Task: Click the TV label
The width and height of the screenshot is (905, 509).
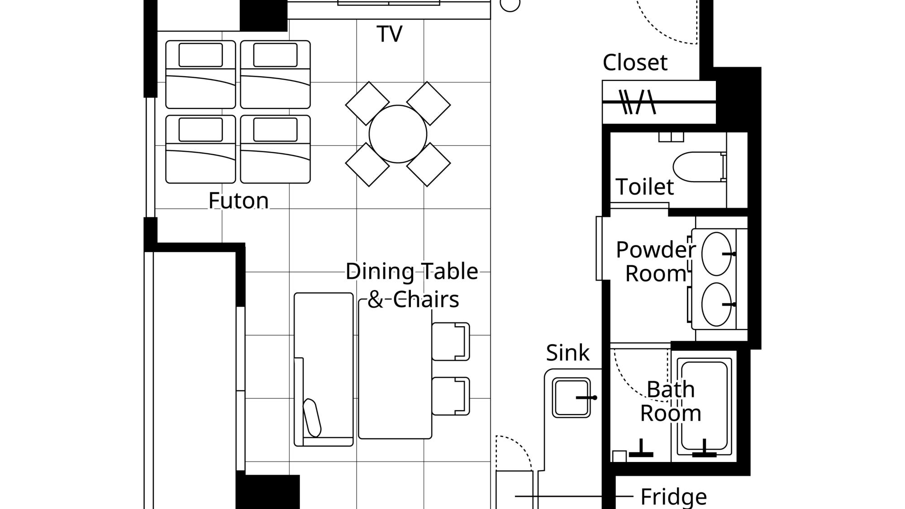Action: pyautogui.click(x=389, y=34)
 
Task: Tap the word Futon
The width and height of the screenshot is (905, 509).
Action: pyautogui.click(x=238, y=200)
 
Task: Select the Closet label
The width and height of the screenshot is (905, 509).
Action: pyautogui.click(x=635, y=62)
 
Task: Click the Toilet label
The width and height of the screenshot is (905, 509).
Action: pyautogui.click(x=644, y=186)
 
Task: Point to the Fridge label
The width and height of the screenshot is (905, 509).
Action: pyautogui.click(x=673, y=497)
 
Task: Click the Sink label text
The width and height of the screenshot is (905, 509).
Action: pyautogui.click(x=567, y=352)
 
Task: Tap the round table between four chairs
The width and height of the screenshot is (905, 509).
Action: pyautogui.click(x=398, y=134)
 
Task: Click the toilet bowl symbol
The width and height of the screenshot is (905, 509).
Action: pyautogui.click(x=700, y=167)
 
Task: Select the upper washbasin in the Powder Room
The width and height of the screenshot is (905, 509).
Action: pyautogui.click(x=716, y=254)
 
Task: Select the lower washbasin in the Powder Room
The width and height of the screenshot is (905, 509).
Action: pyautogui.click(x=716, y=304)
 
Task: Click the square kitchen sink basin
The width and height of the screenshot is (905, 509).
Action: pyautogui.click(x=571, y=397)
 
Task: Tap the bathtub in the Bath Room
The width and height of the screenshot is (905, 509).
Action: pyautogui.click(x=705, y=407)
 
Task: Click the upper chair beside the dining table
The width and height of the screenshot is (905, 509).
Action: pyautogui.click(x=450, y=342)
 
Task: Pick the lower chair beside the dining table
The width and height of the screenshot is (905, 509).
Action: pyautogui.click(x=450, y=396)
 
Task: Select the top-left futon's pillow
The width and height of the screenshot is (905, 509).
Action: pyautogui.click(x=200, y=55)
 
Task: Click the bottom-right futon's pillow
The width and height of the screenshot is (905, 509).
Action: pyautogui.click(x=275, y=129)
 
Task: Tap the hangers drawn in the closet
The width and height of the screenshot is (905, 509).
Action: pyautogui.click(x=637, y=102)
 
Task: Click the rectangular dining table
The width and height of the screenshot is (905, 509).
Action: pyautogui.click(x=395, y=369)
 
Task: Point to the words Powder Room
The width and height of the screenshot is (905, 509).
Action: pyautogui.click(x=656, y=262)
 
